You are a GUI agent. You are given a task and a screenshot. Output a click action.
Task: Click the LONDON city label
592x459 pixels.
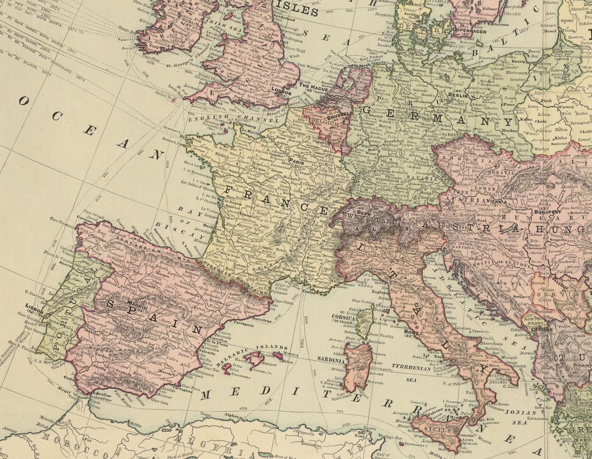coord(281,92)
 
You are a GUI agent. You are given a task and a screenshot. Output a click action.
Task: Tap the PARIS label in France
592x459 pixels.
coord(296,161)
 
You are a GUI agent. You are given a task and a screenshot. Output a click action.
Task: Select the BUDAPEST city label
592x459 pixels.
coord(548,212)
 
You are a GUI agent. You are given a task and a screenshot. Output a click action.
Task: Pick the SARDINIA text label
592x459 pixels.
coord(331,359)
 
